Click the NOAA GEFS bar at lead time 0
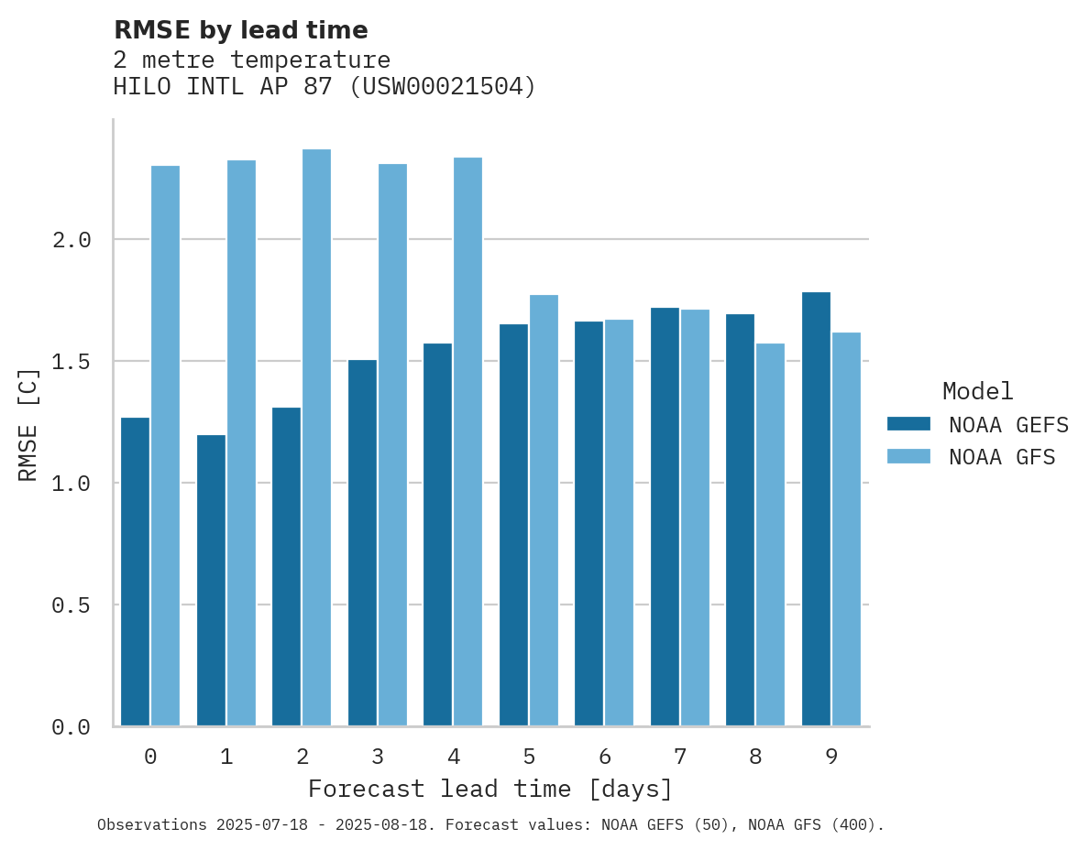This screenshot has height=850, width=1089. [135, 572]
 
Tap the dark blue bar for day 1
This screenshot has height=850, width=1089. [211, 581]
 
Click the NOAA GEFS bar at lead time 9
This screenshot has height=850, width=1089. [816, 509]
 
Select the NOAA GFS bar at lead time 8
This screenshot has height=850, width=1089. [770, 535]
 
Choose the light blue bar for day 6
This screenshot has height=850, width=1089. [619, 523]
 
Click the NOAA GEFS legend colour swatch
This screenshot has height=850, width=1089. [908, 424]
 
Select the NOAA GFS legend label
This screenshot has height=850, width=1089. [1002, 457]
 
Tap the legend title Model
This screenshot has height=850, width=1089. [977, 391]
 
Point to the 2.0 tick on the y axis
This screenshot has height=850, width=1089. [71, 240]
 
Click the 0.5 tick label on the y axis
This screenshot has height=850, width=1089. [71, 605]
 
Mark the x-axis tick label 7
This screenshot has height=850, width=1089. [680, 757]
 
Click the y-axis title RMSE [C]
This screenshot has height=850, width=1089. [28, 423]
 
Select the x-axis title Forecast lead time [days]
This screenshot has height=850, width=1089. [490, 789]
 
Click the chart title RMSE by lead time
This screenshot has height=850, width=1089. [240, 30]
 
